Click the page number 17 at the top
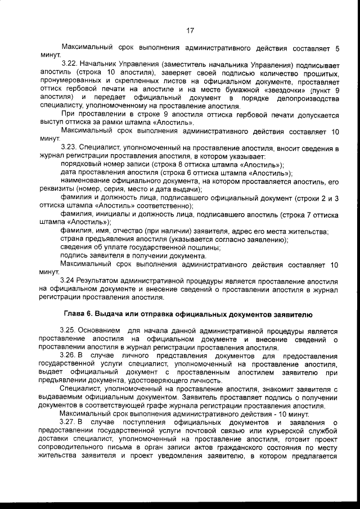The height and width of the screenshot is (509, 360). click(x=190, y=30)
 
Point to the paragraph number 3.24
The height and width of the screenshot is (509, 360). click(x=68, y=279)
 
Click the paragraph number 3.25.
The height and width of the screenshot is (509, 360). click(x=69, y=331)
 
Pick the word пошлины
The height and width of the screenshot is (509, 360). click(x=201, y=247)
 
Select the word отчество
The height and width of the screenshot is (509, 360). click(x=130, y=231)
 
